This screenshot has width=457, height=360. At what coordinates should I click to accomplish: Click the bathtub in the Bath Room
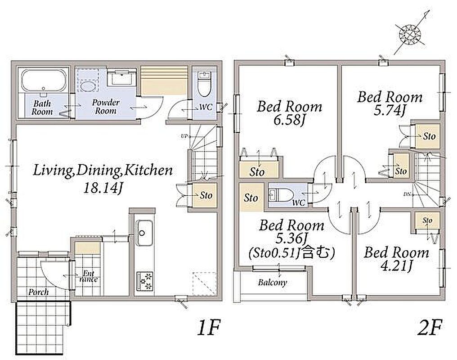[43, 80]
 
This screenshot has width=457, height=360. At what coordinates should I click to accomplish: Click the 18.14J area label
[102, 189]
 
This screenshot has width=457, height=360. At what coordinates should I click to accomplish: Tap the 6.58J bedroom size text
[289, 120]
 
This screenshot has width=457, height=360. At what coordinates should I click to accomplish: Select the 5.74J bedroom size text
[390, 111]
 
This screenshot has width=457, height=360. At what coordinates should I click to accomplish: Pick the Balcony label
[272, 282]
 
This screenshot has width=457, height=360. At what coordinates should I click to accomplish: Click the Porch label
[38, 292]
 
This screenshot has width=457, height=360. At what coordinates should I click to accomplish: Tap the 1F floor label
[208, 327]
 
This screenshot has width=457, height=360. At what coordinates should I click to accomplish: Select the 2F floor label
[430, 327]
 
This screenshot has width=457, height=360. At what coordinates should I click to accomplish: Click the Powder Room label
[106, 107]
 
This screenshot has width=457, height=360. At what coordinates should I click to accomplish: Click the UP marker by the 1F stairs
[184, 136]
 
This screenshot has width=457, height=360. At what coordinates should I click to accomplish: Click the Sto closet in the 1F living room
[205, 195]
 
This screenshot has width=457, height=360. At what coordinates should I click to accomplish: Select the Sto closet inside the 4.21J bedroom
[427, 220]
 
